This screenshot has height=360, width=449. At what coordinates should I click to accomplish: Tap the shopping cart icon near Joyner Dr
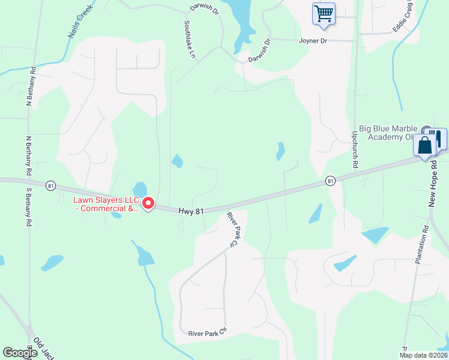pos(324,13)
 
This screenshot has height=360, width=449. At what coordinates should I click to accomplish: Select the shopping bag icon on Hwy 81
pos(425,146)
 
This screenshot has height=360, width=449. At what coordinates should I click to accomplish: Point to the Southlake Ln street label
pos(190,40)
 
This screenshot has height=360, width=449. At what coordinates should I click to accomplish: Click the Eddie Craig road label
pos(403,17)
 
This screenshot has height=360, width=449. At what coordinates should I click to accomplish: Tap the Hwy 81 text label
pos(191,211)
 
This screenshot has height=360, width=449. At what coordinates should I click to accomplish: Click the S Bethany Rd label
pos(28,208)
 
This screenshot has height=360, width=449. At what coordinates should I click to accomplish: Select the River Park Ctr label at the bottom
pos(207,333)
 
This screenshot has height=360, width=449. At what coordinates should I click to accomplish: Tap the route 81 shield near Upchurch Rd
pos(330,180)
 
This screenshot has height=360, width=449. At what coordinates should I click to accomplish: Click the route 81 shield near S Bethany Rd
pos(51,186)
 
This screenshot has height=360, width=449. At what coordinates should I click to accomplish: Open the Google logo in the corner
pos(20,353)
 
